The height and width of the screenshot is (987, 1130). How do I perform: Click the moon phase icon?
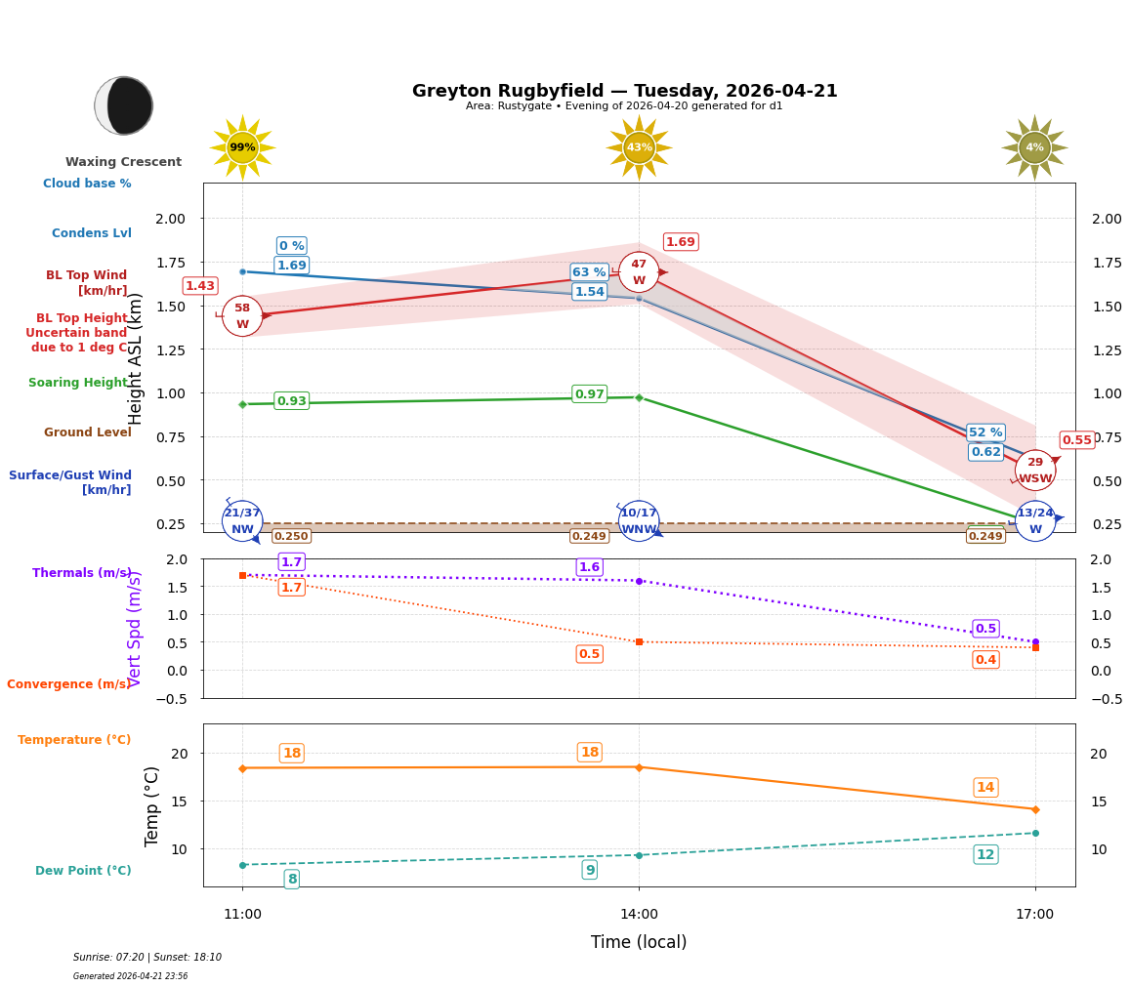coord(124,105)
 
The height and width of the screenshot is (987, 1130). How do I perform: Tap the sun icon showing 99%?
coord(242,147)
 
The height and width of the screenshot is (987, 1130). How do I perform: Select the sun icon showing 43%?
coord(639,147)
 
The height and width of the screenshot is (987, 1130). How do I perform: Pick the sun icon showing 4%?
coord(1034,147)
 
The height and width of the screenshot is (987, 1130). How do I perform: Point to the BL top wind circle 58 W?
coord(242,316)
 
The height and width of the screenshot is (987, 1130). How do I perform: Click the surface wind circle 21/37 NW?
coord(242,520)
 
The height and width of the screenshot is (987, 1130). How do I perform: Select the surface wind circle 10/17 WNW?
coord(639,520)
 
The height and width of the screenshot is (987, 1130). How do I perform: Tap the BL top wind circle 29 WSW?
coord(1035,470)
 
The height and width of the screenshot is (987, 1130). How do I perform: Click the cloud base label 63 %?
coord(589,272)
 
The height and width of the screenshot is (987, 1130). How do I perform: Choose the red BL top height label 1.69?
coord(680,242)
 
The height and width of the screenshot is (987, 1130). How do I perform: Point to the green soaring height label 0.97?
coord(589,394)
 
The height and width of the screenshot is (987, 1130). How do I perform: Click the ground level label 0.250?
coord(291,536)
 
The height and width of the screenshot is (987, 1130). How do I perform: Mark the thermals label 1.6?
coord(589,567)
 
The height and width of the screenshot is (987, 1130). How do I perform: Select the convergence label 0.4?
coord(985,660)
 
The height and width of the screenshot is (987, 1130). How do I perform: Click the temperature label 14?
coord(985,788)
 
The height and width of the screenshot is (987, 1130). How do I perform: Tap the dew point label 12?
coord(985,855)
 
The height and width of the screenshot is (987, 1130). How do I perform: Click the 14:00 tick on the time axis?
coord(639,915)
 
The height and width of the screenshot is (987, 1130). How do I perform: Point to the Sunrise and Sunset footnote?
coord(147,958)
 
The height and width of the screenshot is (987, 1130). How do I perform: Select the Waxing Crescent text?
coord(123,162)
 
